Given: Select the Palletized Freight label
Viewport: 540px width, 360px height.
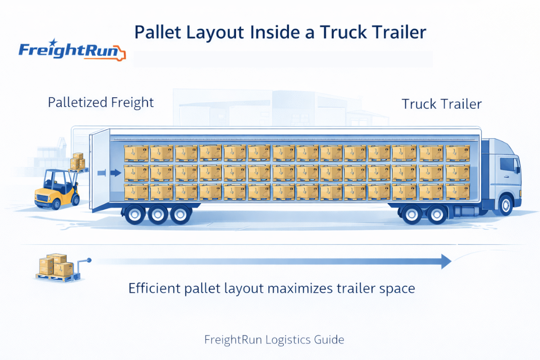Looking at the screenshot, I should click(101, 102).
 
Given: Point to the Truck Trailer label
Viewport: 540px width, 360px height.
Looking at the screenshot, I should click(441, 104).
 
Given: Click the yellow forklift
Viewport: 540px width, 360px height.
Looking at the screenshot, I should click(56, 189).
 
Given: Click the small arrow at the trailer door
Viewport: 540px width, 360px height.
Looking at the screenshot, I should click(116, 172).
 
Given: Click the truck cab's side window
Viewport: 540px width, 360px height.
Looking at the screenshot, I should click(508, 165).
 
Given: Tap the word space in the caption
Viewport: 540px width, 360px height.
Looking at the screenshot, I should click(396, 288).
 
